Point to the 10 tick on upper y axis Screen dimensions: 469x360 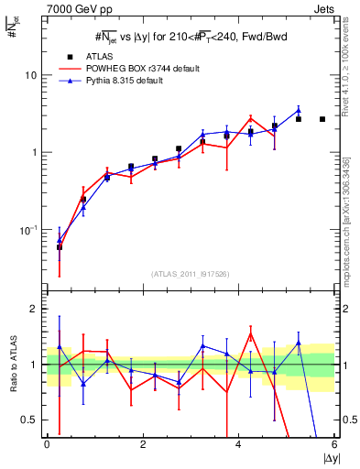31,75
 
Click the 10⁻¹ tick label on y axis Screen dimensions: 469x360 29,230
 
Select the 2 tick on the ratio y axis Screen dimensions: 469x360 36,310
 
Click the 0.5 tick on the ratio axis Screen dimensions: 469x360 31,420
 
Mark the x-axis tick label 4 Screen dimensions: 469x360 239,444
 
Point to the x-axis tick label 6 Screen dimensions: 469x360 334,444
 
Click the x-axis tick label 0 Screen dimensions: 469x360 48,444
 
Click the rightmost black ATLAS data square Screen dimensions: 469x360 322,119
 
